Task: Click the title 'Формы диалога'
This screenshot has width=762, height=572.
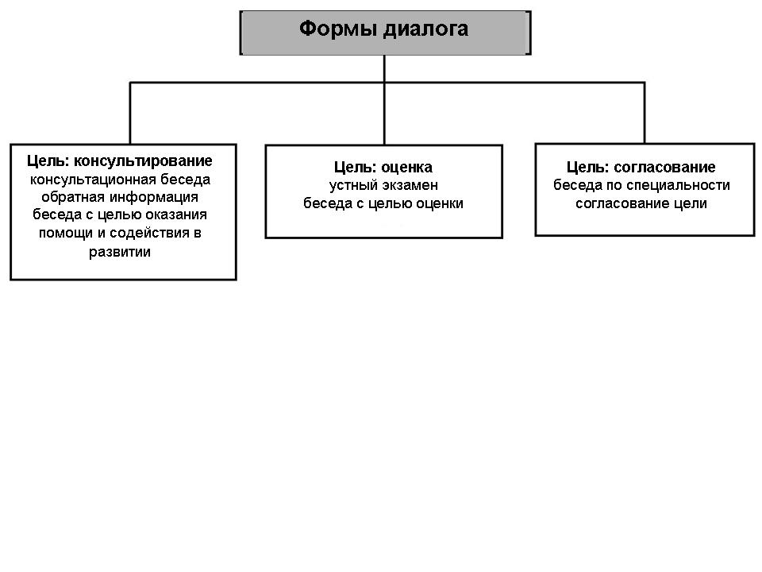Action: pyautogui.click(x=383, y=29)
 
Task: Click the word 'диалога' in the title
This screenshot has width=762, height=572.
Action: pyautogui.click(x=425, y=30)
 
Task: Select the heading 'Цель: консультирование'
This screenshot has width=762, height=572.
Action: pyautogui.click(x=120, y=161)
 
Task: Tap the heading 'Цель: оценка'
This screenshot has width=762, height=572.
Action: pyautogui.click(x=383, y=168)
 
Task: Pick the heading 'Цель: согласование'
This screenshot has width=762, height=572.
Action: pyautogui.click(x=641, y=168)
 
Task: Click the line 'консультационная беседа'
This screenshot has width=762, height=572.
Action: pyautogui.click(x=120, y=180)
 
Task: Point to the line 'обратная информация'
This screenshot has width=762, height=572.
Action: pyautogui.click(x=120, y=197)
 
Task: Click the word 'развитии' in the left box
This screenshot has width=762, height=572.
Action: pyautogui.click(x=120, y=252)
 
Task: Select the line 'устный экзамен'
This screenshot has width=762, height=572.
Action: pyautogui.click(x=383, y=185)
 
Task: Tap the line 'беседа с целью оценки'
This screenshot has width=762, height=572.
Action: pyautogui.click(x=383, y=203)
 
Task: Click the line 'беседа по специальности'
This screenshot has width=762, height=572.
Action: pyautogui.click(x=641, y=185)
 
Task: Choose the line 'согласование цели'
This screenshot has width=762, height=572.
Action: pyautogui.click(x=641, y=203)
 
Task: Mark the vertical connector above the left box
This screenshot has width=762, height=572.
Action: pyautogui.click(x=130, y=113)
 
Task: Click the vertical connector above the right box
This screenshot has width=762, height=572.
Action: pyautogui.click(x=645, y=113)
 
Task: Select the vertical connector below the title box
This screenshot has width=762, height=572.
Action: pyautogui.click(x=384, y=100)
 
